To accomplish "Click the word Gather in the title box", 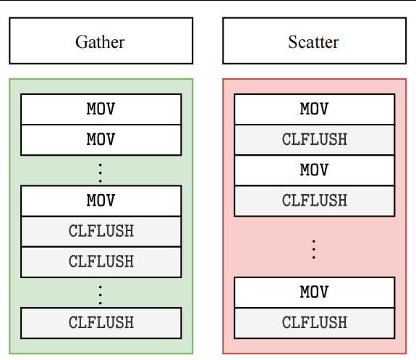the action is tap(100, 42).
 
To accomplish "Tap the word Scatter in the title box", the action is tap(313, 42).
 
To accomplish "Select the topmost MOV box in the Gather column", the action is tap(101, 109).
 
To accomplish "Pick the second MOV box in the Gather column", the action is tap(101, 140).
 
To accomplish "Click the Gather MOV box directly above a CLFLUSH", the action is tap(101, 201).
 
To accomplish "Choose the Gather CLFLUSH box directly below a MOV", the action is tap(101, 231).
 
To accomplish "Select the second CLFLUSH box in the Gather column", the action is tap(101, 262).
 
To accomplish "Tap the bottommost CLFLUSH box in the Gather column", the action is tap(101, 323).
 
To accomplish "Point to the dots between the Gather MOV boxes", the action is tap(101, 173).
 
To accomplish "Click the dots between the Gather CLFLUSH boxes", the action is tap(101, 295).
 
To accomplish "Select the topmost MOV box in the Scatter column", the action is tap(315, 109).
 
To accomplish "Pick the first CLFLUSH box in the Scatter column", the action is tap(315, 140).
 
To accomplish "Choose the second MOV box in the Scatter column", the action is tap(315, 170).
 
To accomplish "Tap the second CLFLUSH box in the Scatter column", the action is tap(315, 201).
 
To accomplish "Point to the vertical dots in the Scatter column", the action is tap(314, 249).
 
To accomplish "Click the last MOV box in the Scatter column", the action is tap(315, 293).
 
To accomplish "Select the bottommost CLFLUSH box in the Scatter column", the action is tap(315, 323).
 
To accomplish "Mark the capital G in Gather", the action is tap(81, 42).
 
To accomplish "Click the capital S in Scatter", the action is tap(292, 42).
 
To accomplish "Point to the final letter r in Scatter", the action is tap(336, 44).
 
